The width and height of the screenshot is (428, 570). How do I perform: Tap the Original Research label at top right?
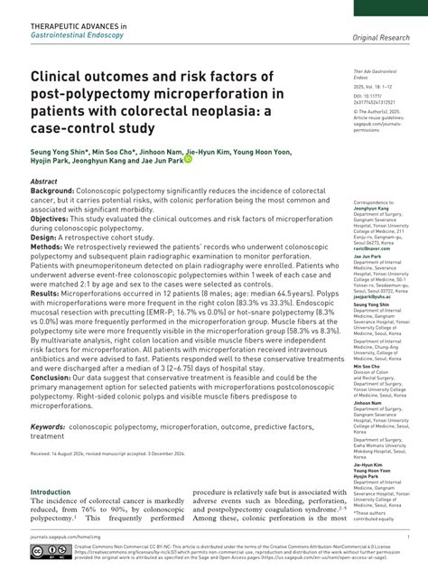380,38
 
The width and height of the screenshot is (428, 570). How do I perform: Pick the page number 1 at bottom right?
408,535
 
